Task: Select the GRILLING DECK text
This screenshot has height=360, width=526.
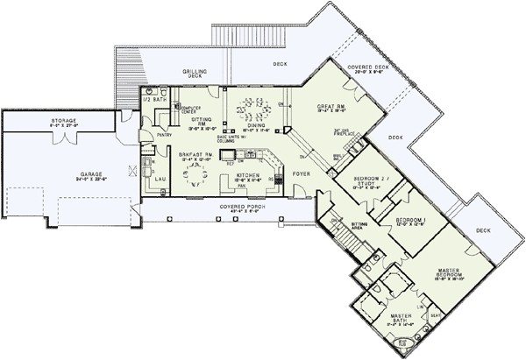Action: click(194, 72)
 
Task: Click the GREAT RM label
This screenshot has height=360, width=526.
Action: click(334, 108)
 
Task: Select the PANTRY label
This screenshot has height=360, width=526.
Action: click(164, 136)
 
